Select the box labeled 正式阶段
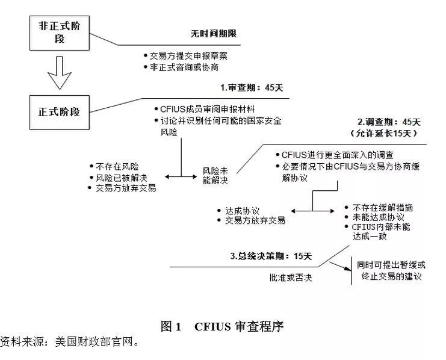pos(59,111)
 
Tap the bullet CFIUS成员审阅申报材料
pos(208,109)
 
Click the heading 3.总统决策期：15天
pos(271,256)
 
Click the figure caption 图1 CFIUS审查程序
pos(222,327)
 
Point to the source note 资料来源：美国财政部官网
pos(70,343)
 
